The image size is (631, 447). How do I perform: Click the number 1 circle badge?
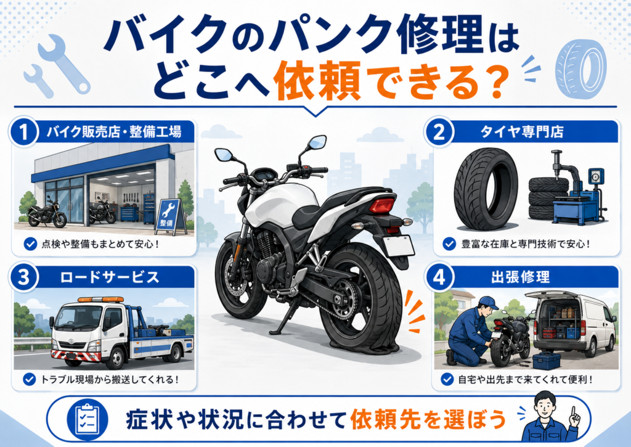pos(23,132)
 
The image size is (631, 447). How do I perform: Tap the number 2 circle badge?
pos(439,132)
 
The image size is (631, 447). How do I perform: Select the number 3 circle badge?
pos(23,277)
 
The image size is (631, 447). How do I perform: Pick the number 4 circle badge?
pos(439,277)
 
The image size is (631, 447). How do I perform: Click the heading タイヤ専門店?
pos(521,132)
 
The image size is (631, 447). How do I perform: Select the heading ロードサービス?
pos(110,277)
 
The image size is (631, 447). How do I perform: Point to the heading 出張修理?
pos(520,277)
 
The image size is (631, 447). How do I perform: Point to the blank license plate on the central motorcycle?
pos(398,245)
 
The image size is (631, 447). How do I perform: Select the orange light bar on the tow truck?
pos(100,300)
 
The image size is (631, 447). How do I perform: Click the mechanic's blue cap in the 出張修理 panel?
pos(489,301)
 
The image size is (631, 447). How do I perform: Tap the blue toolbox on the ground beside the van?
pos(546,361)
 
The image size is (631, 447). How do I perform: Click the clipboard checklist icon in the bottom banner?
pos(88,419)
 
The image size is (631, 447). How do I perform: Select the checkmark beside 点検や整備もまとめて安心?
pos(30,244)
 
